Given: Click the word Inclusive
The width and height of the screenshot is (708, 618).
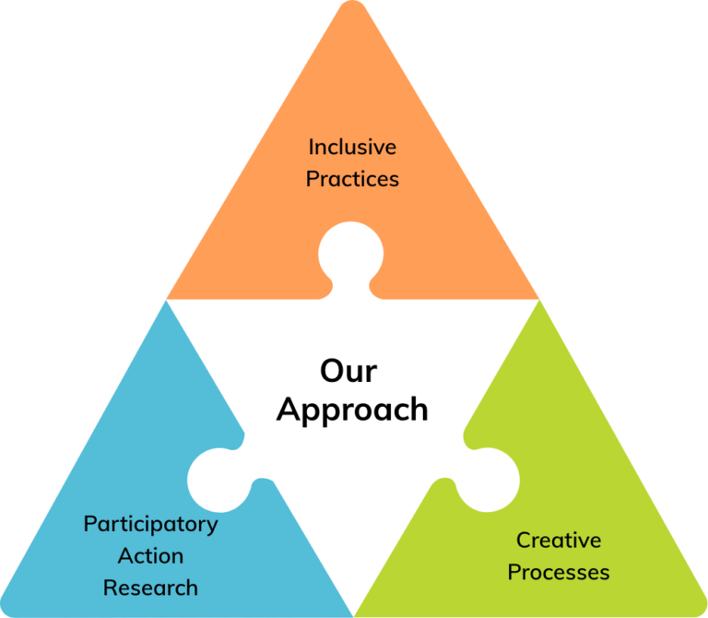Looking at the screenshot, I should (352, 147).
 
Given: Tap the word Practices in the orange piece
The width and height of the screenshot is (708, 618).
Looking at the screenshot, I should (352, 179).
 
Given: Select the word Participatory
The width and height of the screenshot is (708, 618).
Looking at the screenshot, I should (150, 524).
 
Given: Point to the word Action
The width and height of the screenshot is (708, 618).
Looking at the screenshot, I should (150, 556).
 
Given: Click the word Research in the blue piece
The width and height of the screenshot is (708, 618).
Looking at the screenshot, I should (150, 588).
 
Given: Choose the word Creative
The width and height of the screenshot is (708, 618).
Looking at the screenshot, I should (559, 540).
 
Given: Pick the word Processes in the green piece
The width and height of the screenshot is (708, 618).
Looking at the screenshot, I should (559, 572).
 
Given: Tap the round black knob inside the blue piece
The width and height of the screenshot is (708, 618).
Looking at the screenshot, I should (215, 478).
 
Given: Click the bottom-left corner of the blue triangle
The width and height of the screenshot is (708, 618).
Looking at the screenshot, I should (4, 613).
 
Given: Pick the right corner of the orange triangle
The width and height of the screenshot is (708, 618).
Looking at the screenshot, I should (538, 297).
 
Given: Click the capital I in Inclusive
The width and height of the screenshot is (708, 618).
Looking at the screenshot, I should (311, 147).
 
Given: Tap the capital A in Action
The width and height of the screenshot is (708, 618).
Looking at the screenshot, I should (124, 556).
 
